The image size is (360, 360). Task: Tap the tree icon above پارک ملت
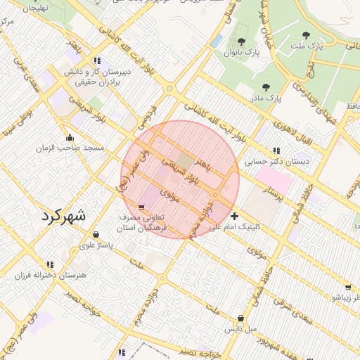click(x=305, y=34)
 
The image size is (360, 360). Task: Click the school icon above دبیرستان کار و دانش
click(x=96, y=60)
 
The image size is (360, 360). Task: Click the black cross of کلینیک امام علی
click(x=234, y=216)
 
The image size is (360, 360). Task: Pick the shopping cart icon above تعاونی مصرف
click(x=142, y=207)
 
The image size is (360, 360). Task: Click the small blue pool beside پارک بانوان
click(x=217, y=41)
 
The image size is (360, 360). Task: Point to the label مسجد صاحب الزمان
click(x=70, y=148)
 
